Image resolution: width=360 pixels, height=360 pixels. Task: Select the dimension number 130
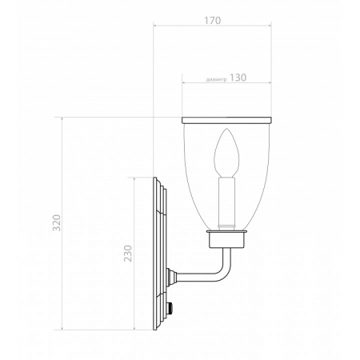click(238, 79)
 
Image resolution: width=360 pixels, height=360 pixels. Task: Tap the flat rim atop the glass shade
click(227, 121)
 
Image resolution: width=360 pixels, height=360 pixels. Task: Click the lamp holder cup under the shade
click(227, 237)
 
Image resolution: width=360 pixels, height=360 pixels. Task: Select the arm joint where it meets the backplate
click(170, 278)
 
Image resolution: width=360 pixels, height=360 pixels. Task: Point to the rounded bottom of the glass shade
click(227, 226)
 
